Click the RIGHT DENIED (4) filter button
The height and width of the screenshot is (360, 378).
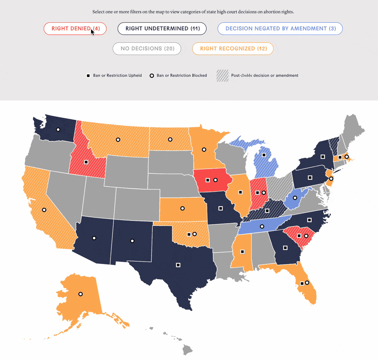75,29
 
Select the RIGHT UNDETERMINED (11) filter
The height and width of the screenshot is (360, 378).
162,29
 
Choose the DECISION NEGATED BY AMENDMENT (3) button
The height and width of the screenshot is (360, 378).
280,29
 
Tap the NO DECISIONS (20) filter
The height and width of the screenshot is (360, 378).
147,49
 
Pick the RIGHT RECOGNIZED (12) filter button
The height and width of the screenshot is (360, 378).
233,49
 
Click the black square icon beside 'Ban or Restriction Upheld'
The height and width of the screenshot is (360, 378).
88,76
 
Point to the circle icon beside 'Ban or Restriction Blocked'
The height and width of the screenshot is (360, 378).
152,76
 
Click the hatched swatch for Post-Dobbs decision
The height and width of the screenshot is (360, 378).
222,76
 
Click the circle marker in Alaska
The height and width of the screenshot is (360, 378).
80,294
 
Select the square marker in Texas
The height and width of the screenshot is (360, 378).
178,265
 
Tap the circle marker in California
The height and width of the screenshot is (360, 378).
44,210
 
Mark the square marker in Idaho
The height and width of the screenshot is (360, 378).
86,162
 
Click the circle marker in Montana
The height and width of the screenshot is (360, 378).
118,140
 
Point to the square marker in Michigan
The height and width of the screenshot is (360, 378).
264,155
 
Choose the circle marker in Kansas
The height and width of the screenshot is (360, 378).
183,208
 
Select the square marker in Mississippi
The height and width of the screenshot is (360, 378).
242,252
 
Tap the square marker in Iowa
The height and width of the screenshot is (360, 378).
208,180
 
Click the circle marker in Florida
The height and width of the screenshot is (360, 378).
307,283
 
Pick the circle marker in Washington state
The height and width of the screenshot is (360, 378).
58,130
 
